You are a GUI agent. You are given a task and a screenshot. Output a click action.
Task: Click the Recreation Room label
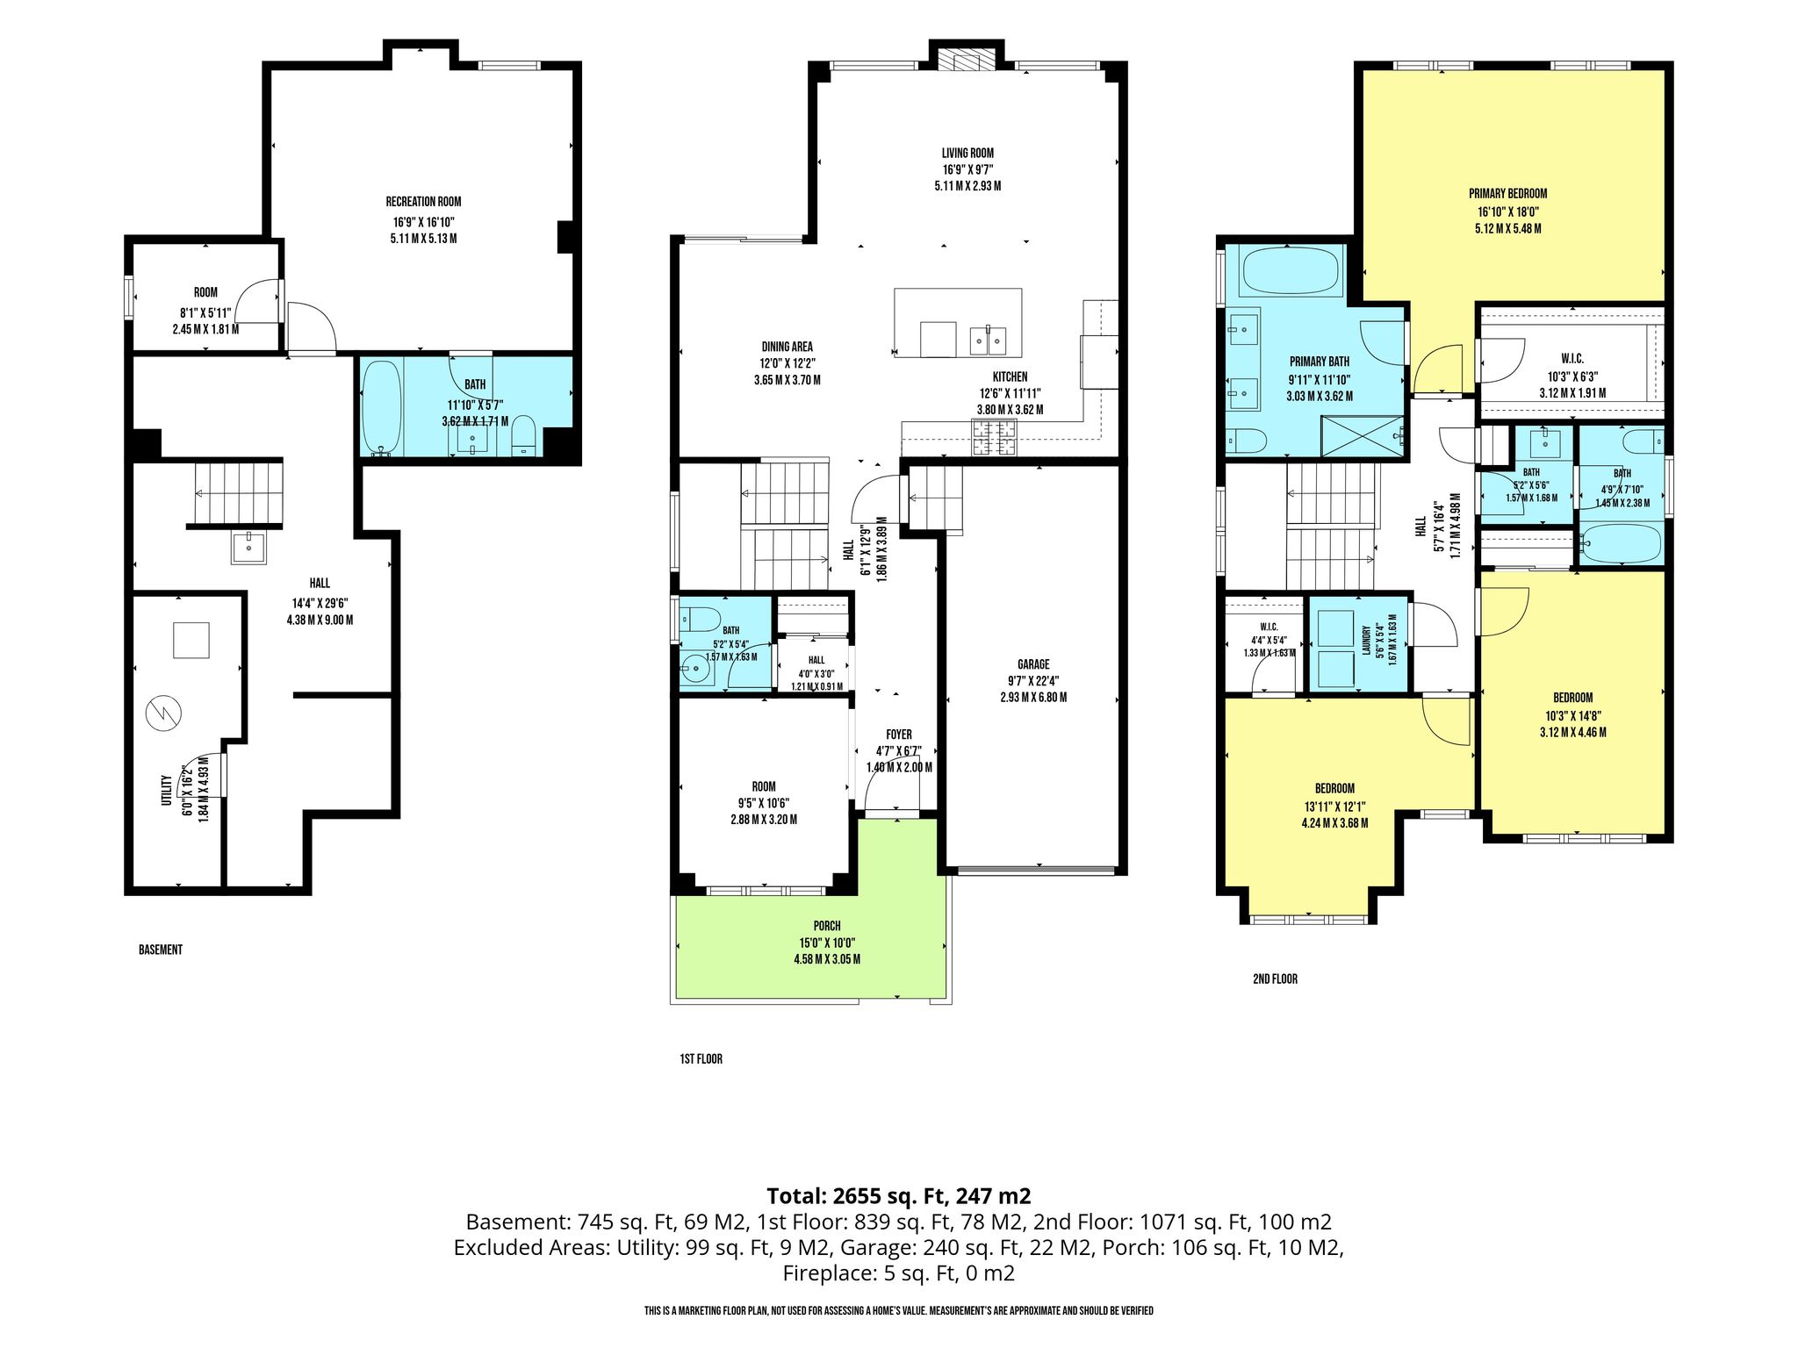pyautogui.click(x=423, y=201)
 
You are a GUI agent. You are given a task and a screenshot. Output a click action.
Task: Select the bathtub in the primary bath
pyautogui.click(x=1289, y=270)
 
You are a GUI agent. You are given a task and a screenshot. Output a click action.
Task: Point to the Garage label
pyautogui.click(x=1033, y=664)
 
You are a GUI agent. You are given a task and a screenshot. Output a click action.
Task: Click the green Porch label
pyautogui.click(x=827, y=926)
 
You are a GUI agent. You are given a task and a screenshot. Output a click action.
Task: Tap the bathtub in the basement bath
pyautogui.click(x=382, y=409)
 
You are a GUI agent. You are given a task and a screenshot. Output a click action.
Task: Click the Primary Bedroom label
pyautogui.click(x=1508, y=193)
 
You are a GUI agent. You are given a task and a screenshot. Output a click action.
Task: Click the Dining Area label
pyautogui.click(x=787, y=347)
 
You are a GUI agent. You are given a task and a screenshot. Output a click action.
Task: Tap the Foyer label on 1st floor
pyautogui.click(x=899, y=735)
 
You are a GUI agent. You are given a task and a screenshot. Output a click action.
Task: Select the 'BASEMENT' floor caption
pyautogui.click(x=161, y=950)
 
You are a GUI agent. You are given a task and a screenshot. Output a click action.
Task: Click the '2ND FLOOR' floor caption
pyautogui.click(x=1275, y=979)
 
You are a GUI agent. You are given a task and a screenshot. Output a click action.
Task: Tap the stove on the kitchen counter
pyautogui.click(x=992, y=438)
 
